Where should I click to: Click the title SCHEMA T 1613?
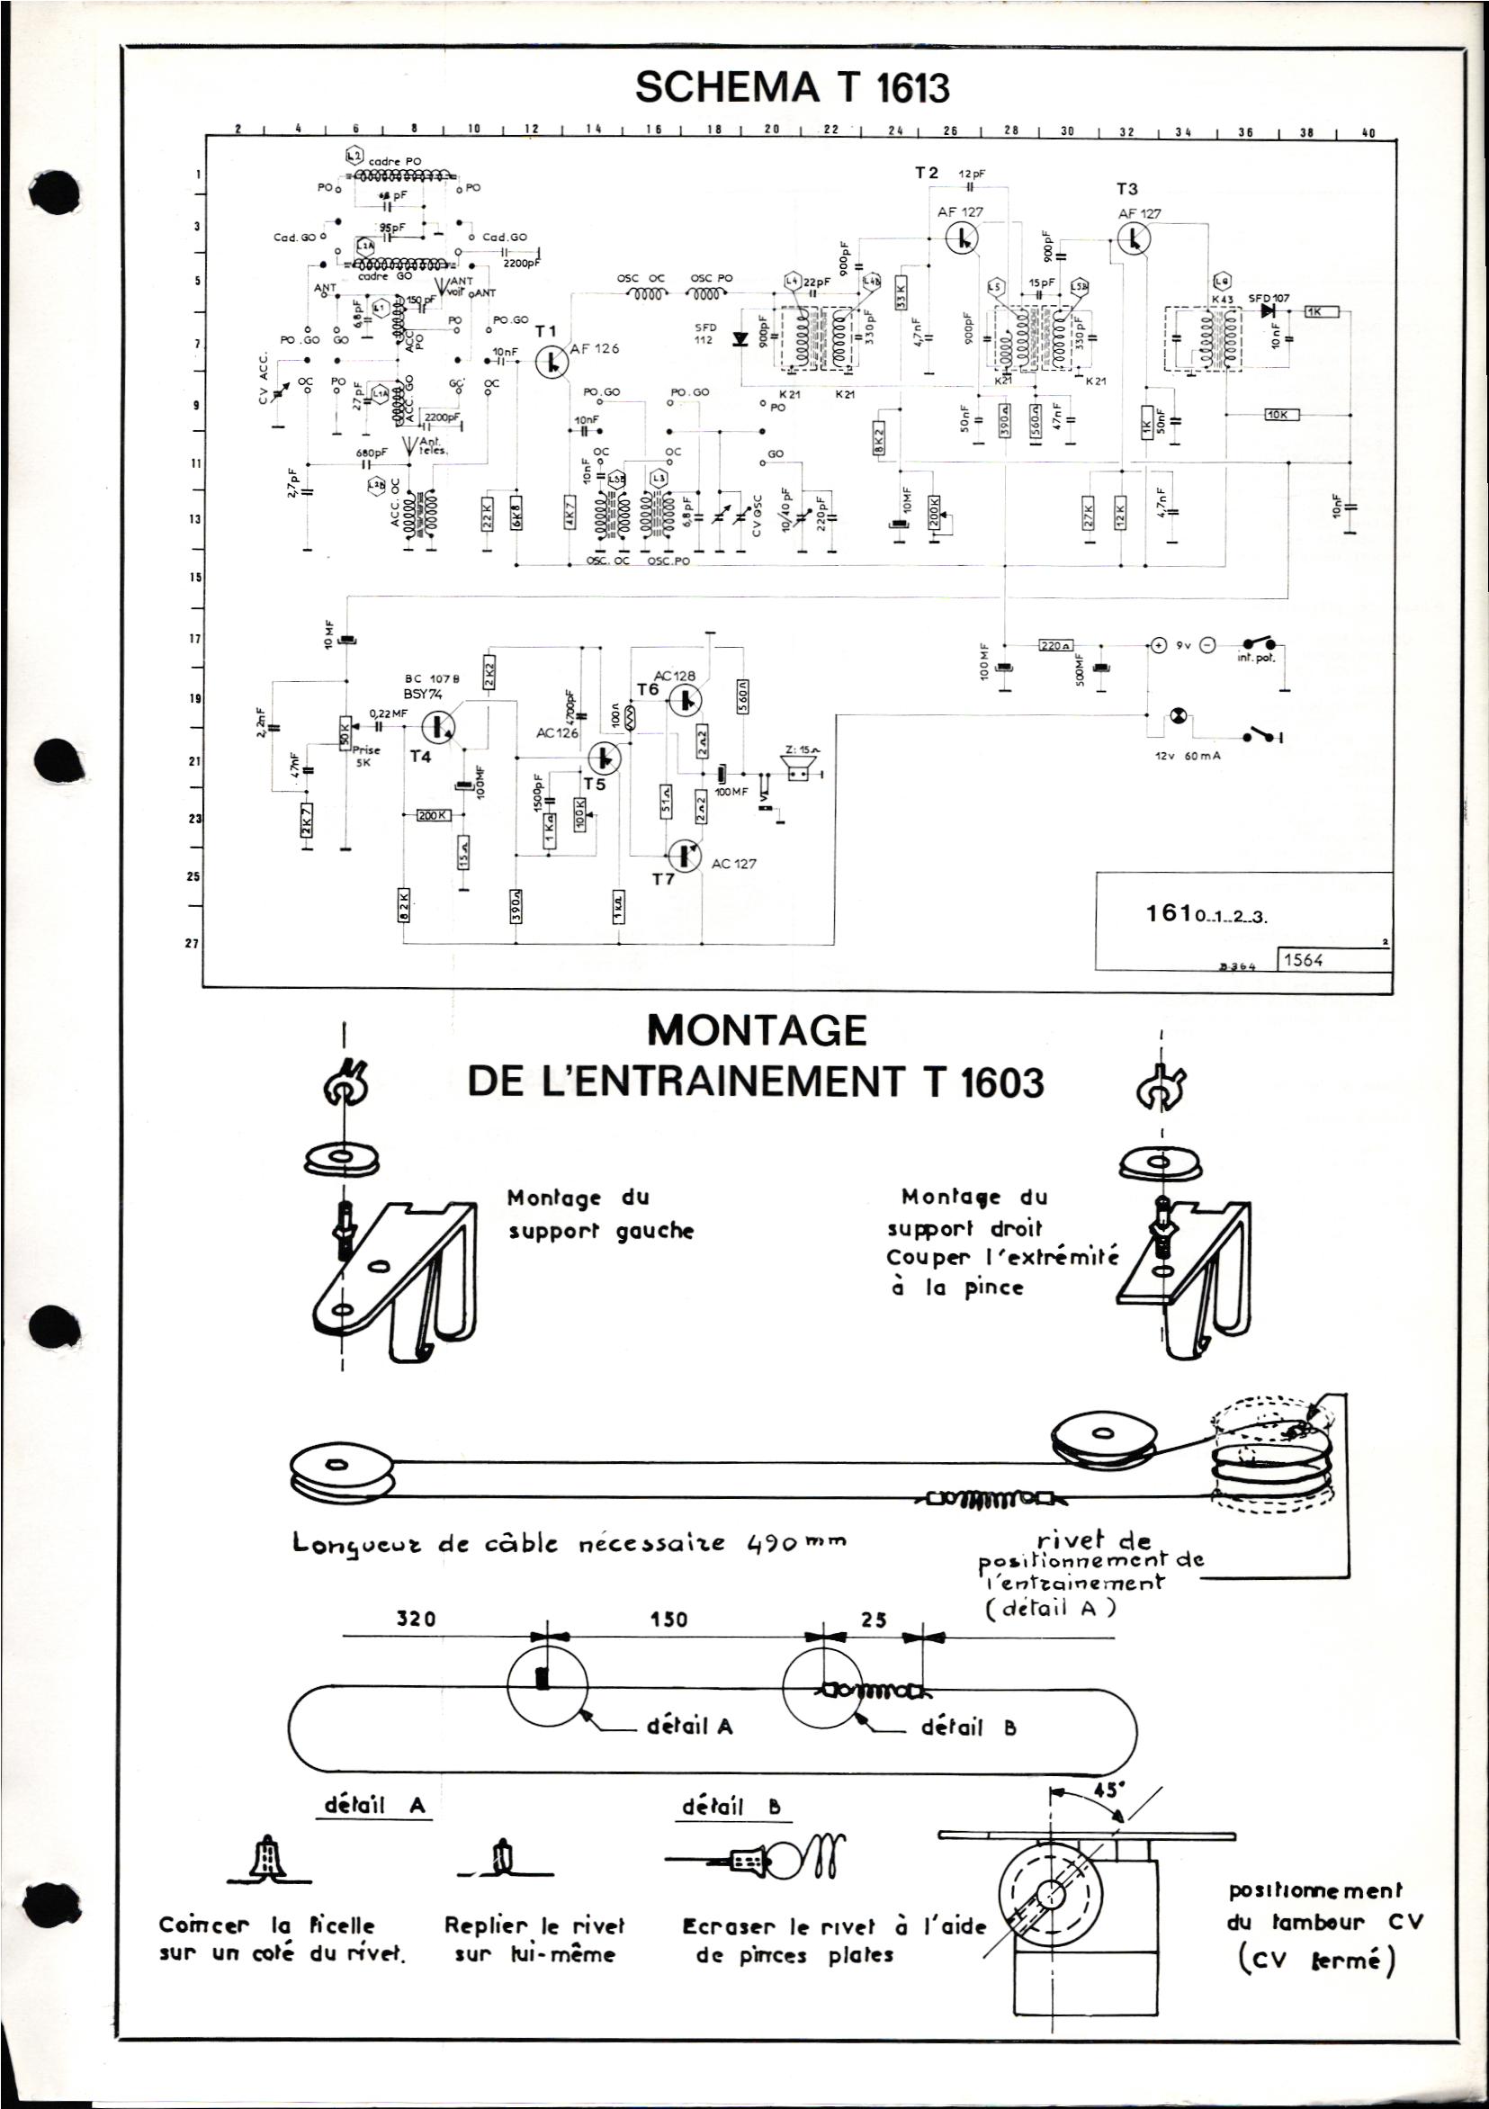(x=791, y=89)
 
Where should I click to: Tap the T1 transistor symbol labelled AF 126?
(x=553, y=360)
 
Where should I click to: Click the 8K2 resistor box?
(x=880, y=434)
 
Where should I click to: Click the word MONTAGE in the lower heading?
(x=757, y=1029)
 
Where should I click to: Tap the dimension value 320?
(x=415, y=1620)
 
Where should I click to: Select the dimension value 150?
(x=668, y=1620)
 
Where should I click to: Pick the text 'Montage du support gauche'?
(x=599, y=1214)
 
